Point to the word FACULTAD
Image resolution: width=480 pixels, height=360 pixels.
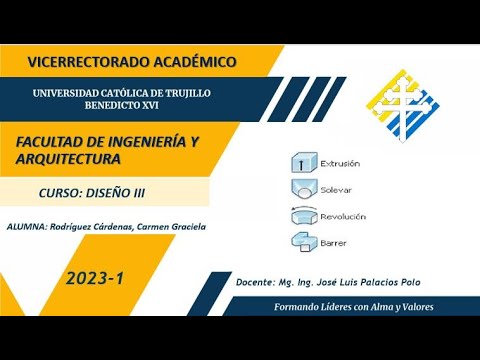point(53,143)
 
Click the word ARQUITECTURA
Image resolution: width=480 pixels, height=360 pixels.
point(69,159)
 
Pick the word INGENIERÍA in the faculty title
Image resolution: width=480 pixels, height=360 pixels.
point(144,143)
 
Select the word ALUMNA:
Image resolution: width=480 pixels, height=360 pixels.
point(24,226)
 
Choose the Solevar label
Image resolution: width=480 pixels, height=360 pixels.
point(336,189)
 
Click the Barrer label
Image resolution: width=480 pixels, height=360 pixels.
point(333,241)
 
